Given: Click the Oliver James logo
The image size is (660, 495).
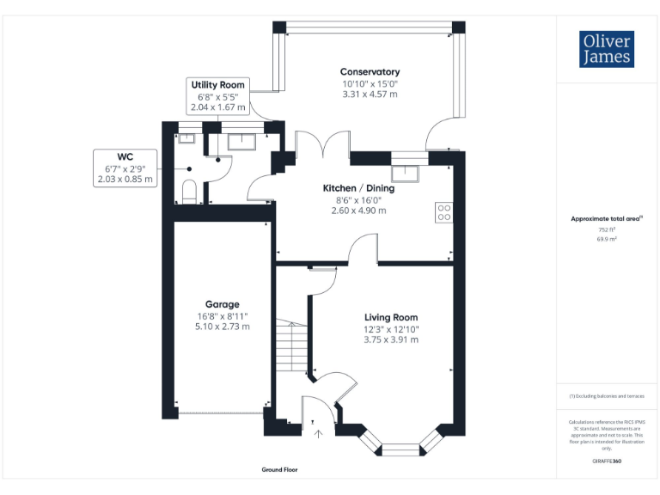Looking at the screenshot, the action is [607, 49].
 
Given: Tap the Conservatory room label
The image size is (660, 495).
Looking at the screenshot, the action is [370, 72].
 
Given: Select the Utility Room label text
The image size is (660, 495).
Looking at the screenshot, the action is [218, 85].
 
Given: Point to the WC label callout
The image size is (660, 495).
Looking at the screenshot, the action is [125, 156].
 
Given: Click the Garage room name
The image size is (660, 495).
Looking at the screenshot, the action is [222, 304].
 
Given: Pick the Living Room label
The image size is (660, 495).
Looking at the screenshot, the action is [391, 317].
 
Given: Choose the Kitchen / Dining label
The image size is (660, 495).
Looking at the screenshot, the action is [358, 188].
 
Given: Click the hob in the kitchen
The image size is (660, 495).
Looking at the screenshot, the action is [444, 211].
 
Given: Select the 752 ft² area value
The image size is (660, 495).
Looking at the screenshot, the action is [607, 229].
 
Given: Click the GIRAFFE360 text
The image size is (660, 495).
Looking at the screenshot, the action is [607, 461].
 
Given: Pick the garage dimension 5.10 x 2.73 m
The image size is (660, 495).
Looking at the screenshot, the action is [222, 327].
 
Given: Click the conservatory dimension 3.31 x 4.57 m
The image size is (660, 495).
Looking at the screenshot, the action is [370, 95].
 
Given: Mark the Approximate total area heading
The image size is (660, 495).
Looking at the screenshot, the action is [607, 219].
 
